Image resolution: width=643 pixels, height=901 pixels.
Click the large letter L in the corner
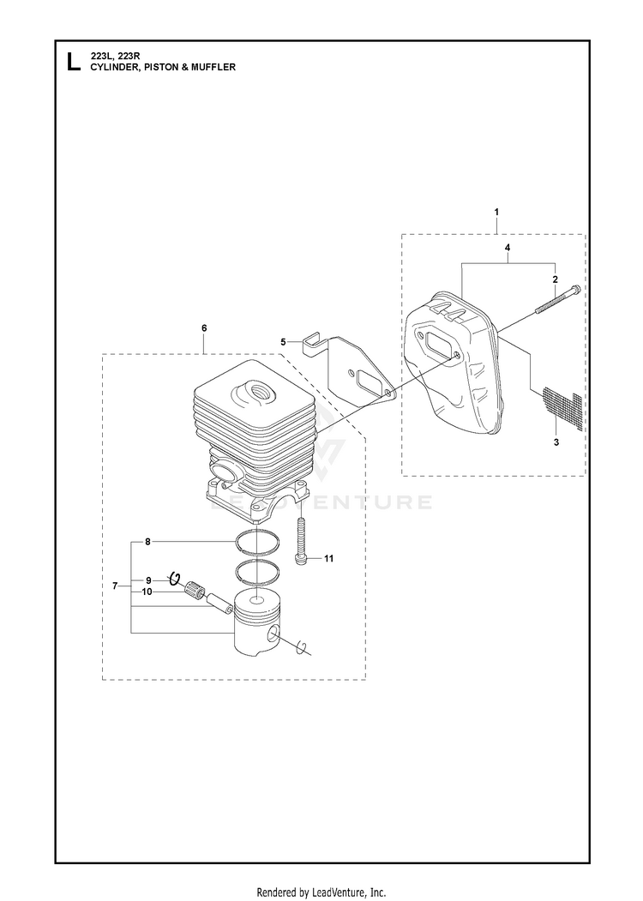[x=74, y=62]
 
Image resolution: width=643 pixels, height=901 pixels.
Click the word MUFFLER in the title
[x=216, y=67]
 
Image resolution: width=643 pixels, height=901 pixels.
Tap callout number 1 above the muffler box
[x=496, y=213]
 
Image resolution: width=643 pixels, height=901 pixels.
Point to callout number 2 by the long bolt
[x=555, y=279]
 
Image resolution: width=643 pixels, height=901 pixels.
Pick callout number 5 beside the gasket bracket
[x=283, y=342]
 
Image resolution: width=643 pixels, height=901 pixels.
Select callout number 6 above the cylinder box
[x=204, y=328]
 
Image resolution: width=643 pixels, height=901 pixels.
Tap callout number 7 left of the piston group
[x=115, y=586]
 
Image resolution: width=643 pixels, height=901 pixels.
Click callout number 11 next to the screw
[x=328, y=559]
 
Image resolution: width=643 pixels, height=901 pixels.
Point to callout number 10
[x=147, y=592]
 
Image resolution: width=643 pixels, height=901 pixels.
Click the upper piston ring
[x=258, y=543]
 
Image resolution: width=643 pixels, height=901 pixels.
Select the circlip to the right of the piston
[x=303, y=647]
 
